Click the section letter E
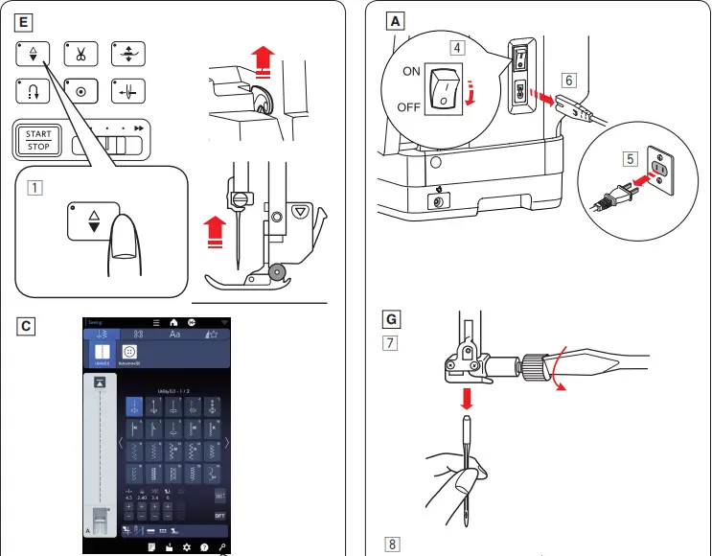25,18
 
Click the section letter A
393,18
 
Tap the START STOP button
39,139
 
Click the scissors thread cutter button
80,56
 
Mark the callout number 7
393,342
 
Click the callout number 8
393,544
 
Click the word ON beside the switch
411,71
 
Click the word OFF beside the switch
409,106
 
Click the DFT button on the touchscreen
219,515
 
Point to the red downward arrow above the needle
468,396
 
